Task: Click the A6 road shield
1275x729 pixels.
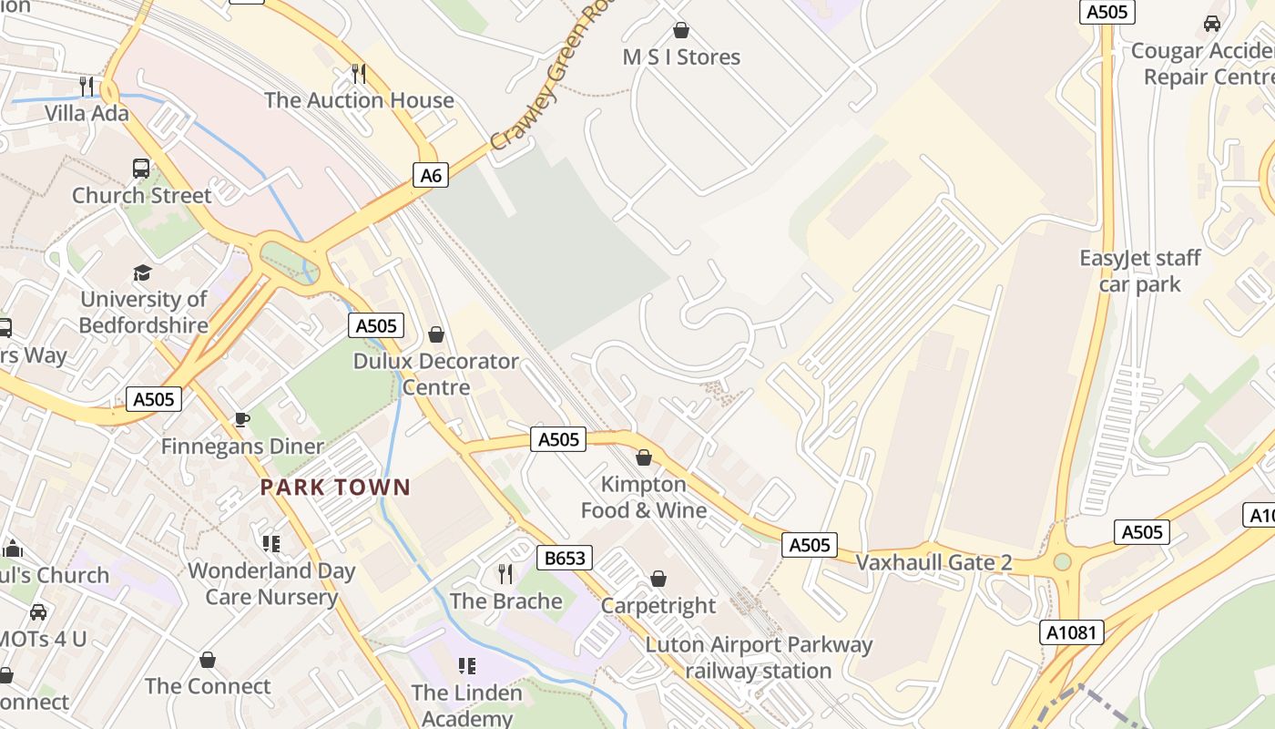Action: point(432,175)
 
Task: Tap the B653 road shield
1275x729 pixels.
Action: point(565,558)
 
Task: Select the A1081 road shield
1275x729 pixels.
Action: point(1072,632)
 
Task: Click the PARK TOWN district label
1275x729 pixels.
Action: point(335,487)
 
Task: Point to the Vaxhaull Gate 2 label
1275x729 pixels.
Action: point(933,562)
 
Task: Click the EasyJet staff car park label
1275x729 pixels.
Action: point(1140,271)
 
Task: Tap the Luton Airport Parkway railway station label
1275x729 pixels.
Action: point(759,658)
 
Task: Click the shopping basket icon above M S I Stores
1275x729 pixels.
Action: point(680,31)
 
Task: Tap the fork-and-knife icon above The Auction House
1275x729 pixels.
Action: point(359,74)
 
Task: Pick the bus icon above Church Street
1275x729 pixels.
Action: point(141,169)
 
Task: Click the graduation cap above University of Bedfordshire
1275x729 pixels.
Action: point(142,272)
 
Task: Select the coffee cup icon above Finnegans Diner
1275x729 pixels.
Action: point(241,419)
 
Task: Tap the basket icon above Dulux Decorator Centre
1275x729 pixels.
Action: point(436,334)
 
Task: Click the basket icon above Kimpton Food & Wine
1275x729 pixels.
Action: point(644,457)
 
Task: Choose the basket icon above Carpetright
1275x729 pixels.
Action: point(658,579)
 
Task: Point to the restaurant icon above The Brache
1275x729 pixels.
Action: point(505,574)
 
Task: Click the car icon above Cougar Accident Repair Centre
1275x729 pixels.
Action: point(1211,24)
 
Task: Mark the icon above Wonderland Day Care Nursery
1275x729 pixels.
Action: point(270,544)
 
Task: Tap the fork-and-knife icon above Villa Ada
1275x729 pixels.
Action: point(87,87)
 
